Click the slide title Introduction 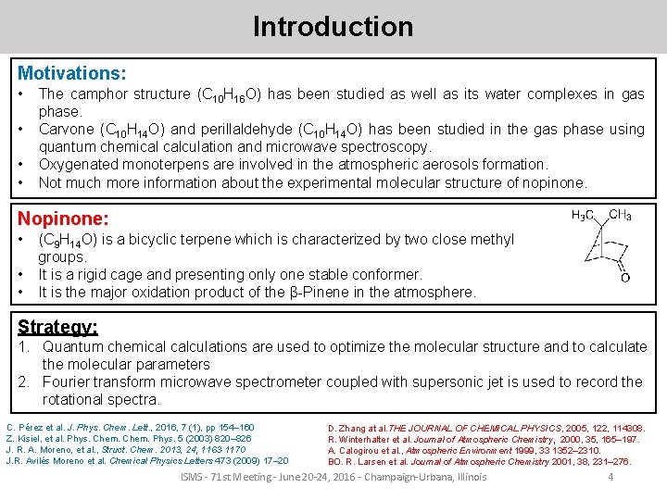pyautogui.click(x=333, y=27)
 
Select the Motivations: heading pyautogui.click(x=72, y=72)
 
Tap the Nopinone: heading pyautogui.click(x=63, y=219)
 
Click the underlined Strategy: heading pyautogui.click(x=57, y=327)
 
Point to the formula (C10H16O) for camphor pyautogui.click(x=236, y=95)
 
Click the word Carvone pyautogui.click(x=66, y=130)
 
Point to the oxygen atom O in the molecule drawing pyautogui.click(x=625, y=277)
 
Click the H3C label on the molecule pyautogui.click(x=584, y=216)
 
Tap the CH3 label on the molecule pyautogui.click(x=620, y=216)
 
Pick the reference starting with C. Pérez pyautogui.click(x=130, y=427)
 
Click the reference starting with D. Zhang pyautogui.click(x=486, y=428)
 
